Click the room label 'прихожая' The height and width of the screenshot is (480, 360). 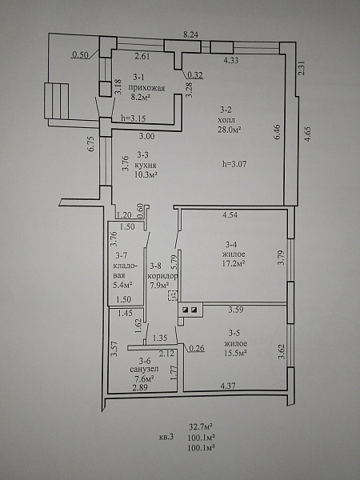click(x=146, y=88)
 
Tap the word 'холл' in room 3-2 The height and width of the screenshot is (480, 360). click(x=226, y=119)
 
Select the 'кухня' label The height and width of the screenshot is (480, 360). click(x=146, y=166)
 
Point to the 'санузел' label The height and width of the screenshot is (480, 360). click(x=144, y=370)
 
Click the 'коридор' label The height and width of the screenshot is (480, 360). click(x=162, y=276)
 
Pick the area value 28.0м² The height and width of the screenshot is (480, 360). click(x=228, y=130)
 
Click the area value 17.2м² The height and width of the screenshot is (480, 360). click(x=234, y=263)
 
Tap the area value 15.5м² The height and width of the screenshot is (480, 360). click(x=235, y=353)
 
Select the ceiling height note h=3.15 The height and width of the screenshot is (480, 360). click(x=133, y=118)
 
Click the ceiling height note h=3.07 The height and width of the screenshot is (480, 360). click(x=234, y=164)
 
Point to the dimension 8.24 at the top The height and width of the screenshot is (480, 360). click(x=190, y=34)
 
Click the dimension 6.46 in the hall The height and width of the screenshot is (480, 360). click(x=277, y=132)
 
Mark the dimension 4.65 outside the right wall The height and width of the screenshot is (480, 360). click(x=308, y=134)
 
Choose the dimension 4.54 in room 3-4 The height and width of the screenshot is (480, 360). click(x=230, y=214)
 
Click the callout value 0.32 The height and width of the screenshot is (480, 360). click(x=195, y=75)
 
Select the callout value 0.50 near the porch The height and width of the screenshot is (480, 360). click(x=80, y=54)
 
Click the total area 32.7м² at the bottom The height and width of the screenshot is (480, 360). click(x=201, y=426)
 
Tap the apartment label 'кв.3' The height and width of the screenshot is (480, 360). click(x=166, y=437)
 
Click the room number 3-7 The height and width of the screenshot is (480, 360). click(x=122, y=255)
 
